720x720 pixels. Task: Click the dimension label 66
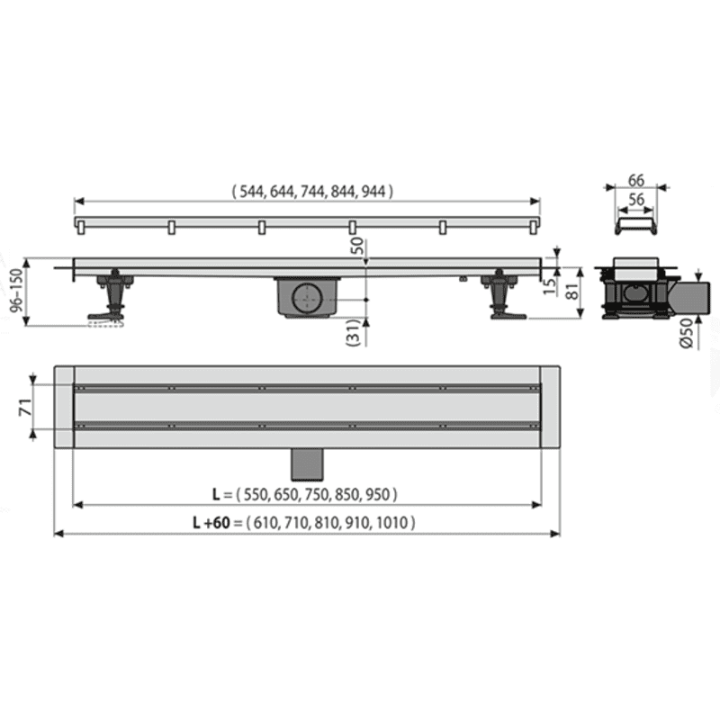pyautogui.click(x=636, y=181)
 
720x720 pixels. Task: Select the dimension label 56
pyautogui.click(x=636, y=200)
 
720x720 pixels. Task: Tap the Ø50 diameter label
pyautogui.click(x=687, y=333)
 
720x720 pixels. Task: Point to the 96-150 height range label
pyautogui.click(x=16, y=291)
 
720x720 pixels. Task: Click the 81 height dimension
pyautogui.click(x=572, y=291)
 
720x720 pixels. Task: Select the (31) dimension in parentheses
pyautogui.click(x=354, y=332)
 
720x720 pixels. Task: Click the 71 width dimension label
pyautogui.click(x=26, y=407)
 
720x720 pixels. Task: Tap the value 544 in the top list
pyautogui.click(x=252, y=191)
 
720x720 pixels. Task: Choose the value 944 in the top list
pyautogui.click(x=373, y=191)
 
